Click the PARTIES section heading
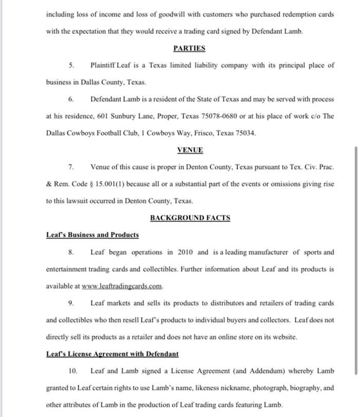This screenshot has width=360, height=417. click(189, 48)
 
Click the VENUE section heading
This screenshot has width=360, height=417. click(190, 150)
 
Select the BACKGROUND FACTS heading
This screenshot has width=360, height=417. click(190, 218)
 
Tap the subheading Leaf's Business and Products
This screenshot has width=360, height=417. click(93, 235)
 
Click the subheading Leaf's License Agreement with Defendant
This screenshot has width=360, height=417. click(112, 354)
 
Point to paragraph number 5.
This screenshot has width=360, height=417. click(72, 65)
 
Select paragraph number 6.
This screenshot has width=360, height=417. click(72, 99)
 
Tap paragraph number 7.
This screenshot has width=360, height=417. click(72, 167)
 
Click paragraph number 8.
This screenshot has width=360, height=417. click(72, 252)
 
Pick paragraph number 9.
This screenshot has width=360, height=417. click(72, 303)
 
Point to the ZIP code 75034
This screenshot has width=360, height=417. click(245, 133)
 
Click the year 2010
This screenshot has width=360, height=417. click(186, 252)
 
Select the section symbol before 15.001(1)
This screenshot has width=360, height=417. click(91, 184)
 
